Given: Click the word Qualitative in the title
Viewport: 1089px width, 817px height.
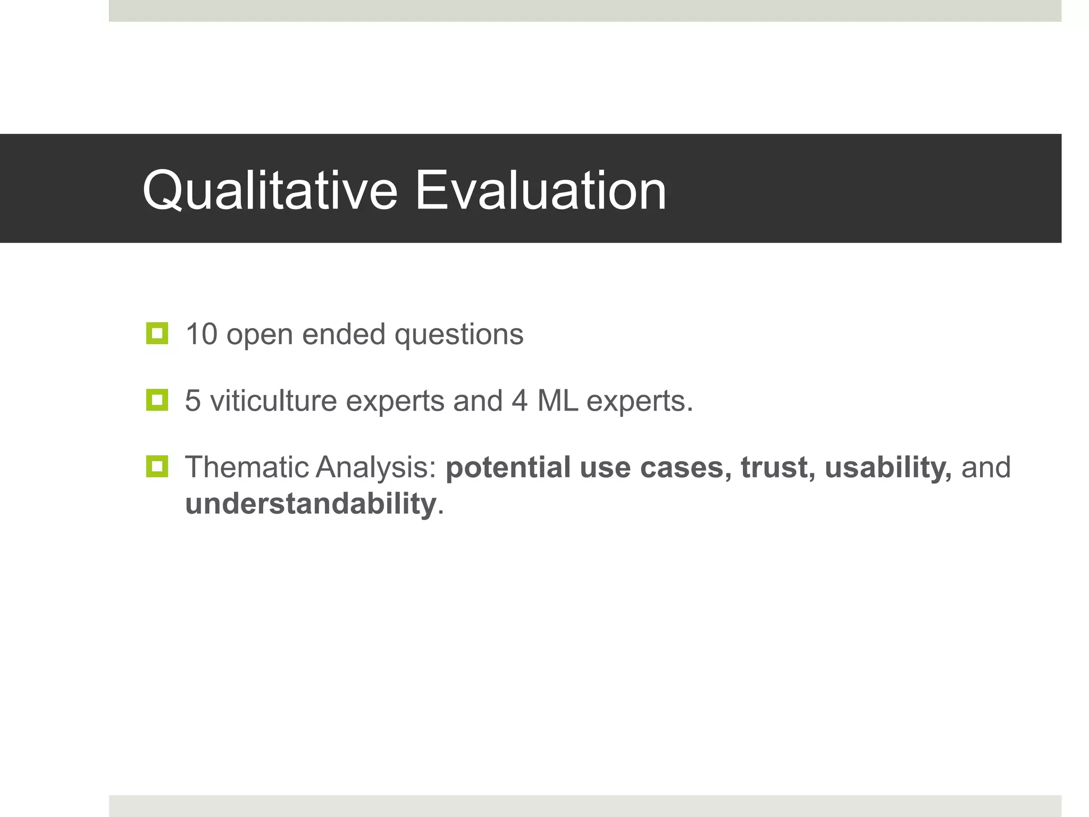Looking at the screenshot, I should point(270,190).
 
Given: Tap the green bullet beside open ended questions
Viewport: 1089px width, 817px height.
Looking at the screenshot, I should point(157,334).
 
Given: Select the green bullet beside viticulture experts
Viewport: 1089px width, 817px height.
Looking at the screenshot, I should point(157,400).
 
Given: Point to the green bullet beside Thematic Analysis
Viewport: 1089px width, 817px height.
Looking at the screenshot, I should point(157,466).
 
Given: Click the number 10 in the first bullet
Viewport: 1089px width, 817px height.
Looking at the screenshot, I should point(202,334).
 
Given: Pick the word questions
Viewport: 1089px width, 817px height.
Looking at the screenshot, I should point(459,335).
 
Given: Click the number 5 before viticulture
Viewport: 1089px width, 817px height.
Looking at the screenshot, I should point(193,401).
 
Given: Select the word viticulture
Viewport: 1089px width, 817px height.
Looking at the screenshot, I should point(273,401).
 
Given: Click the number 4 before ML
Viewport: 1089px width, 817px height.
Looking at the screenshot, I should point(520,401).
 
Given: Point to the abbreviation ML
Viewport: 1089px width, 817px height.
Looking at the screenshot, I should point(557,401).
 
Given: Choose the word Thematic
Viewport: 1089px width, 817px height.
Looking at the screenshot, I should point(247,467).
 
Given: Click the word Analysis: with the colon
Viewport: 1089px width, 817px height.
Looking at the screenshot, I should point(376,467).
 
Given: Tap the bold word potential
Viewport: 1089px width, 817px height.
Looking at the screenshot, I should point(508,467).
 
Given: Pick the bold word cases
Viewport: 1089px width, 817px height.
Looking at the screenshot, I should point(686,467).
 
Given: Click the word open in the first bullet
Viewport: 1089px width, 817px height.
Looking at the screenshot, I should point(259,335).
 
